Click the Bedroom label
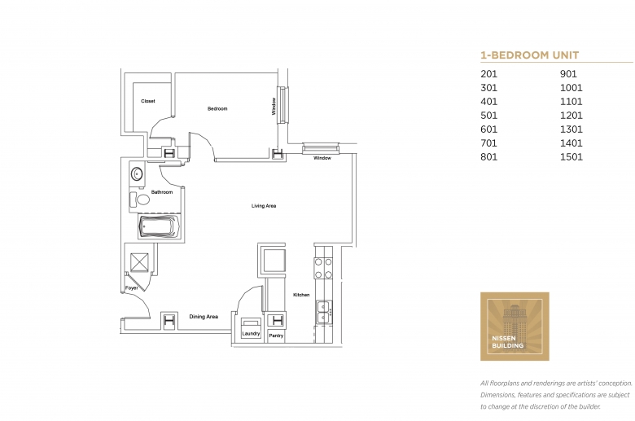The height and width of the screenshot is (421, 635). tap(217, 108)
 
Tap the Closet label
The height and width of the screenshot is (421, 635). tap(148, 101)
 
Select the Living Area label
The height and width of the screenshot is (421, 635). tap(264, 206)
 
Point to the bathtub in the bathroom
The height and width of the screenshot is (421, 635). tap(158, 226)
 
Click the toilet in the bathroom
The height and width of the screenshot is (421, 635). tap(139, 200)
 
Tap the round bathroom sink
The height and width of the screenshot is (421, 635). tap(137, 174)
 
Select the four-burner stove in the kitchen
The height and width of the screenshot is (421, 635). tap(323, 268)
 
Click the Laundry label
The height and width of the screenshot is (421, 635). tap(251, 334)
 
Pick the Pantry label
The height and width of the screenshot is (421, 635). tap(276, 335)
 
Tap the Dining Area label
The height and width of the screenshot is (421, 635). tap(204, 317)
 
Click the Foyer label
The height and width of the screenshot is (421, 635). tap(132, 288)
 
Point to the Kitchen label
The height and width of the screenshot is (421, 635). tap(301, 295)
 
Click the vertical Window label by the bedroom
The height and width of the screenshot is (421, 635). tap(274, 106)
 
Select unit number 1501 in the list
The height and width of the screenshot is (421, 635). tap(571, 157)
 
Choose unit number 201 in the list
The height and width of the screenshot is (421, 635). tap(488, 74)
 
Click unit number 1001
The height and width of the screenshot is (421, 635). tap(571, 87)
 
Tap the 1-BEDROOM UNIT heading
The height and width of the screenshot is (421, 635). tap(530, 55)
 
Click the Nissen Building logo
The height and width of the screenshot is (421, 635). tap(515, 327)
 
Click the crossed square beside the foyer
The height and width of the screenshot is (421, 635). tap(139, 262)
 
